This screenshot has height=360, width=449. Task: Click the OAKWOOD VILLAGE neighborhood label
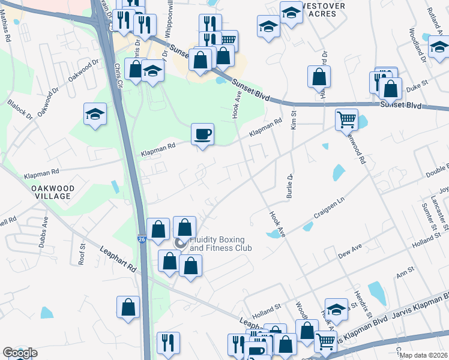pyautogui.click(x=53, y=192)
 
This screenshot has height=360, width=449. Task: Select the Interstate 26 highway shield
pyautogui.click(x=140, y=239)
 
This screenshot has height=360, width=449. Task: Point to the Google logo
pyautogui.click(x=19, y=353)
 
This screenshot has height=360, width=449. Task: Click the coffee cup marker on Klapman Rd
pyautogui.click(x=202, y=133)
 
